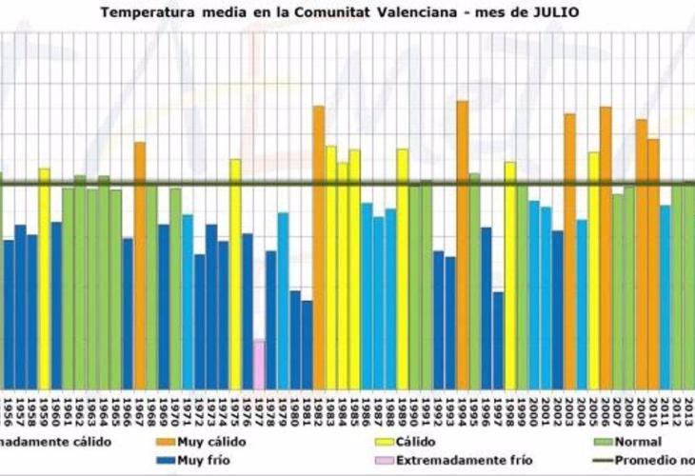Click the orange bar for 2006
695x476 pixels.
(606, 247)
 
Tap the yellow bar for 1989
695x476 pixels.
(402, 268)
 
